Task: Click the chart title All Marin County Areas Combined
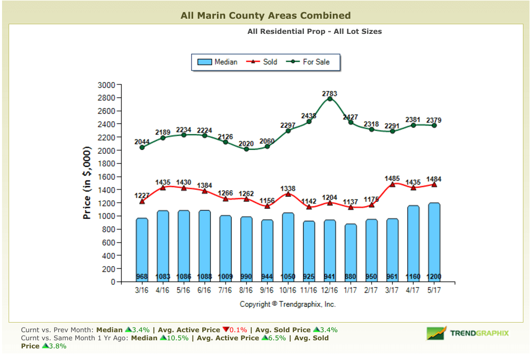coord(265,16)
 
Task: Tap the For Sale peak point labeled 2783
coord(330,99)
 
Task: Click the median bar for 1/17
coord(350,253)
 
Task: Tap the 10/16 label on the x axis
coord(288,291)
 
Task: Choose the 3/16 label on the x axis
coord(142,291)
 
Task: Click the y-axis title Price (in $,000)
coord(87,183)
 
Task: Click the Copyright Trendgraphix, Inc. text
coord(287,304)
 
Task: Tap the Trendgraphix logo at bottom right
coord(467,333)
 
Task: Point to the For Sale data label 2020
coord(246,144)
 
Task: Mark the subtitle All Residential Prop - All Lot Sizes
coord(314,31)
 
